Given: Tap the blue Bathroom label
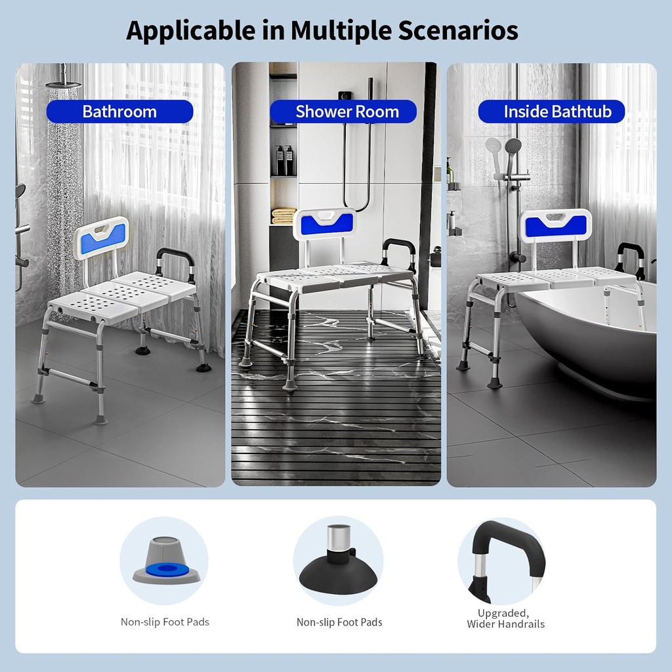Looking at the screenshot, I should click(119, 112).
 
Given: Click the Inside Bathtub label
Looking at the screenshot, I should click(557, 112).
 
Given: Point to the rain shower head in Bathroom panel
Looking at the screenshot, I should click(64, 83).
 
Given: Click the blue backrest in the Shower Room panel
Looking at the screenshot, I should click(325, 224).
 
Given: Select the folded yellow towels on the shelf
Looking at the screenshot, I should click(283, 215).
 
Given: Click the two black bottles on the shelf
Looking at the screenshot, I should click(285, 161).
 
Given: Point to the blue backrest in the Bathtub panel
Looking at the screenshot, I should click(555, 226).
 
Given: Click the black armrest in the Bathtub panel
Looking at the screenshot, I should click(630, 255).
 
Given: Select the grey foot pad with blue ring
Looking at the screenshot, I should click(165, 562).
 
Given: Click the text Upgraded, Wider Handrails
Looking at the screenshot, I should click(505, 618).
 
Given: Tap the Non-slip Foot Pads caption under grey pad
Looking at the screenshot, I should click(165, 621).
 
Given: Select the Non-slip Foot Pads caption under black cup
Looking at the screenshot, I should click(339, 622).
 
